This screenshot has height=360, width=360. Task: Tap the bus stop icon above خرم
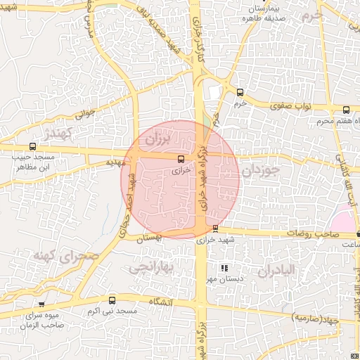(240, 92)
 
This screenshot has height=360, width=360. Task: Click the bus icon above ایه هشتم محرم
(346, 110)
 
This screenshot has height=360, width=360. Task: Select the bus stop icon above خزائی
(181, 158)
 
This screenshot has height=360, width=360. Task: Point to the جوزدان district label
(260, 171)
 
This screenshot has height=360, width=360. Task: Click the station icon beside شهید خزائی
(214, 229)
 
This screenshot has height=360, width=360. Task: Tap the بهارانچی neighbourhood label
(149, 266)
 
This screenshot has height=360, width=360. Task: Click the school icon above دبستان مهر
(224, 268)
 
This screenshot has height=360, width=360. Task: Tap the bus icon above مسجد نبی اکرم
(112, 300)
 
